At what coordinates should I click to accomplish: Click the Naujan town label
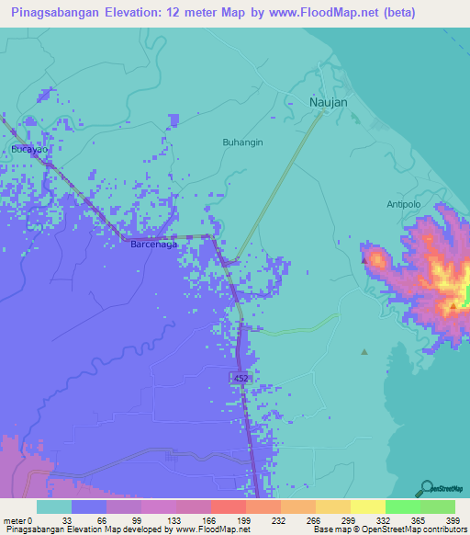point(328,102)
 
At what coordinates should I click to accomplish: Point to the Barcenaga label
point(154,245)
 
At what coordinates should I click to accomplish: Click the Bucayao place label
point(28,148)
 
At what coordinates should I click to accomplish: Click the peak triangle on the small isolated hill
point(364,260)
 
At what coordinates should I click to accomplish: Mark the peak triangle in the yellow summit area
point(453,305)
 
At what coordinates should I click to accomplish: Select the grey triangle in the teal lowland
point(364,351)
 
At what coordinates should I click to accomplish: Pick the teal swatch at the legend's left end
point(54,507)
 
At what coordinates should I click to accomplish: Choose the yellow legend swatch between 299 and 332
point(367,507)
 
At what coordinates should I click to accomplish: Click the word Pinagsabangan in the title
point(60,13)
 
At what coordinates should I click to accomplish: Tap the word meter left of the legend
point(17,520)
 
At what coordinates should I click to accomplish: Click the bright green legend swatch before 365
point(402,507)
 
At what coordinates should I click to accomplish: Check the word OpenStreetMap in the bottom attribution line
point(386,529)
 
